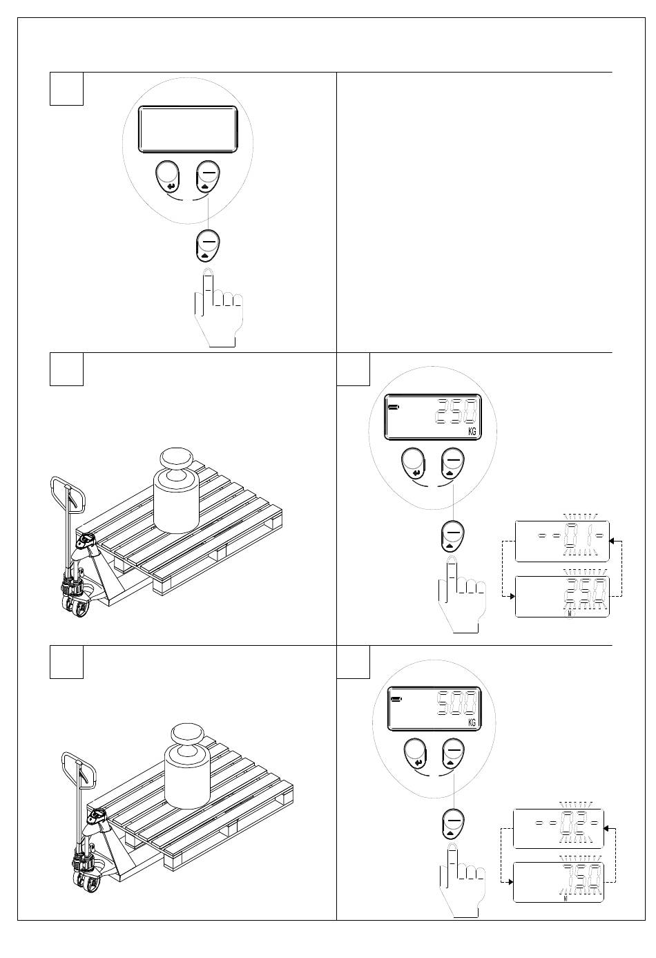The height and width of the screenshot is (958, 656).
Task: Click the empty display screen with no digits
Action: point(189,129)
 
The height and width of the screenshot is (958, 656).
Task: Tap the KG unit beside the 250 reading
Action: point(473,430)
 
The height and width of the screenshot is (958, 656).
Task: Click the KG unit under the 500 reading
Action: point(472,722)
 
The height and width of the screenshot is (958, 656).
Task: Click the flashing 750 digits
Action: point(581,878)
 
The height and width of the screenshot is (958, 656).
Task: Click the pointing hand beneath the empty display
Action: point(217,309)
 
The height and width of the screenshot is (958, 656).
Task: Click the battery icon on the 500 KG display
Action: point(396,699)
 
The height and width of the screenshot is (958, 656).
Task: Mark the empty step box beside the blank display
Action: point(66,88)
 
